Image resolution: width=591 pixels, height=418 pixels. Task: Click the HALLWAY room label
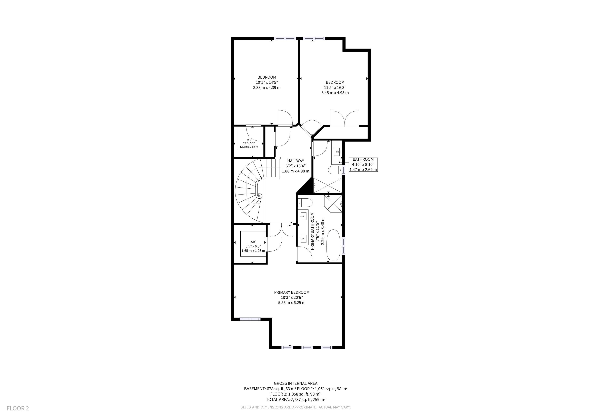pyautogui.click(x=295, y=161)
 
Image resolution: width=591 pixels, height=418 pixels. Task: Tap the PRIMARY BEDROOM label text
pyautogui.click(x=292, y=292)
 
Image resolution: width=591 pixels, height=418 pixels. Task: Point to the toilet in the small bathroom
pyautogui.click(x=335, y=170)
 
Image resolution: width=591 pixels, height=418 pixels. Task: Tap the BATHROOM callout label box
pyautogui.click(x=363, y=165)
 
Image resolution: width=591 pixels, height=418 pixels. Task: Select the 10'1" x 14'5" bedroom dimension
pyautogui.click(x=267, y=82)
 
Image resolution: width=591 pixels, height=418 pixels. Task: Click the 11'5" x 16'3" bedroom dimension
pyautogui.click(x=335, y=88)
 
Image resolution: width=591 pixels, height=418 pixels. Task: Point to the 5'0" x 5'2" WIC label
pyautogui.click(x=249, y=143)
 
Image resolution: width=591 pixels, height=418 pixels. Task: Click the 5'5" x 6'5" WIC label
pyautogui.click(x=253, y=246)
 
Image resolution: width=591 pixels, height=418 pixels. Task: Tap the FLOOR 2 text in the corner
pyautogui.click(x=18, y=408)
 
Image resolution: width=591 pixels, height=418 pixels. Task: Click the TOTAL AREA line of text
pyautogui.click(x=295, y=399)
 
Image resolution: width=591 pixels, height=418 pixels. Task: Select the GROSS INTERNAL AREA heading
pyautogui.click(x=295, y=384)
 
